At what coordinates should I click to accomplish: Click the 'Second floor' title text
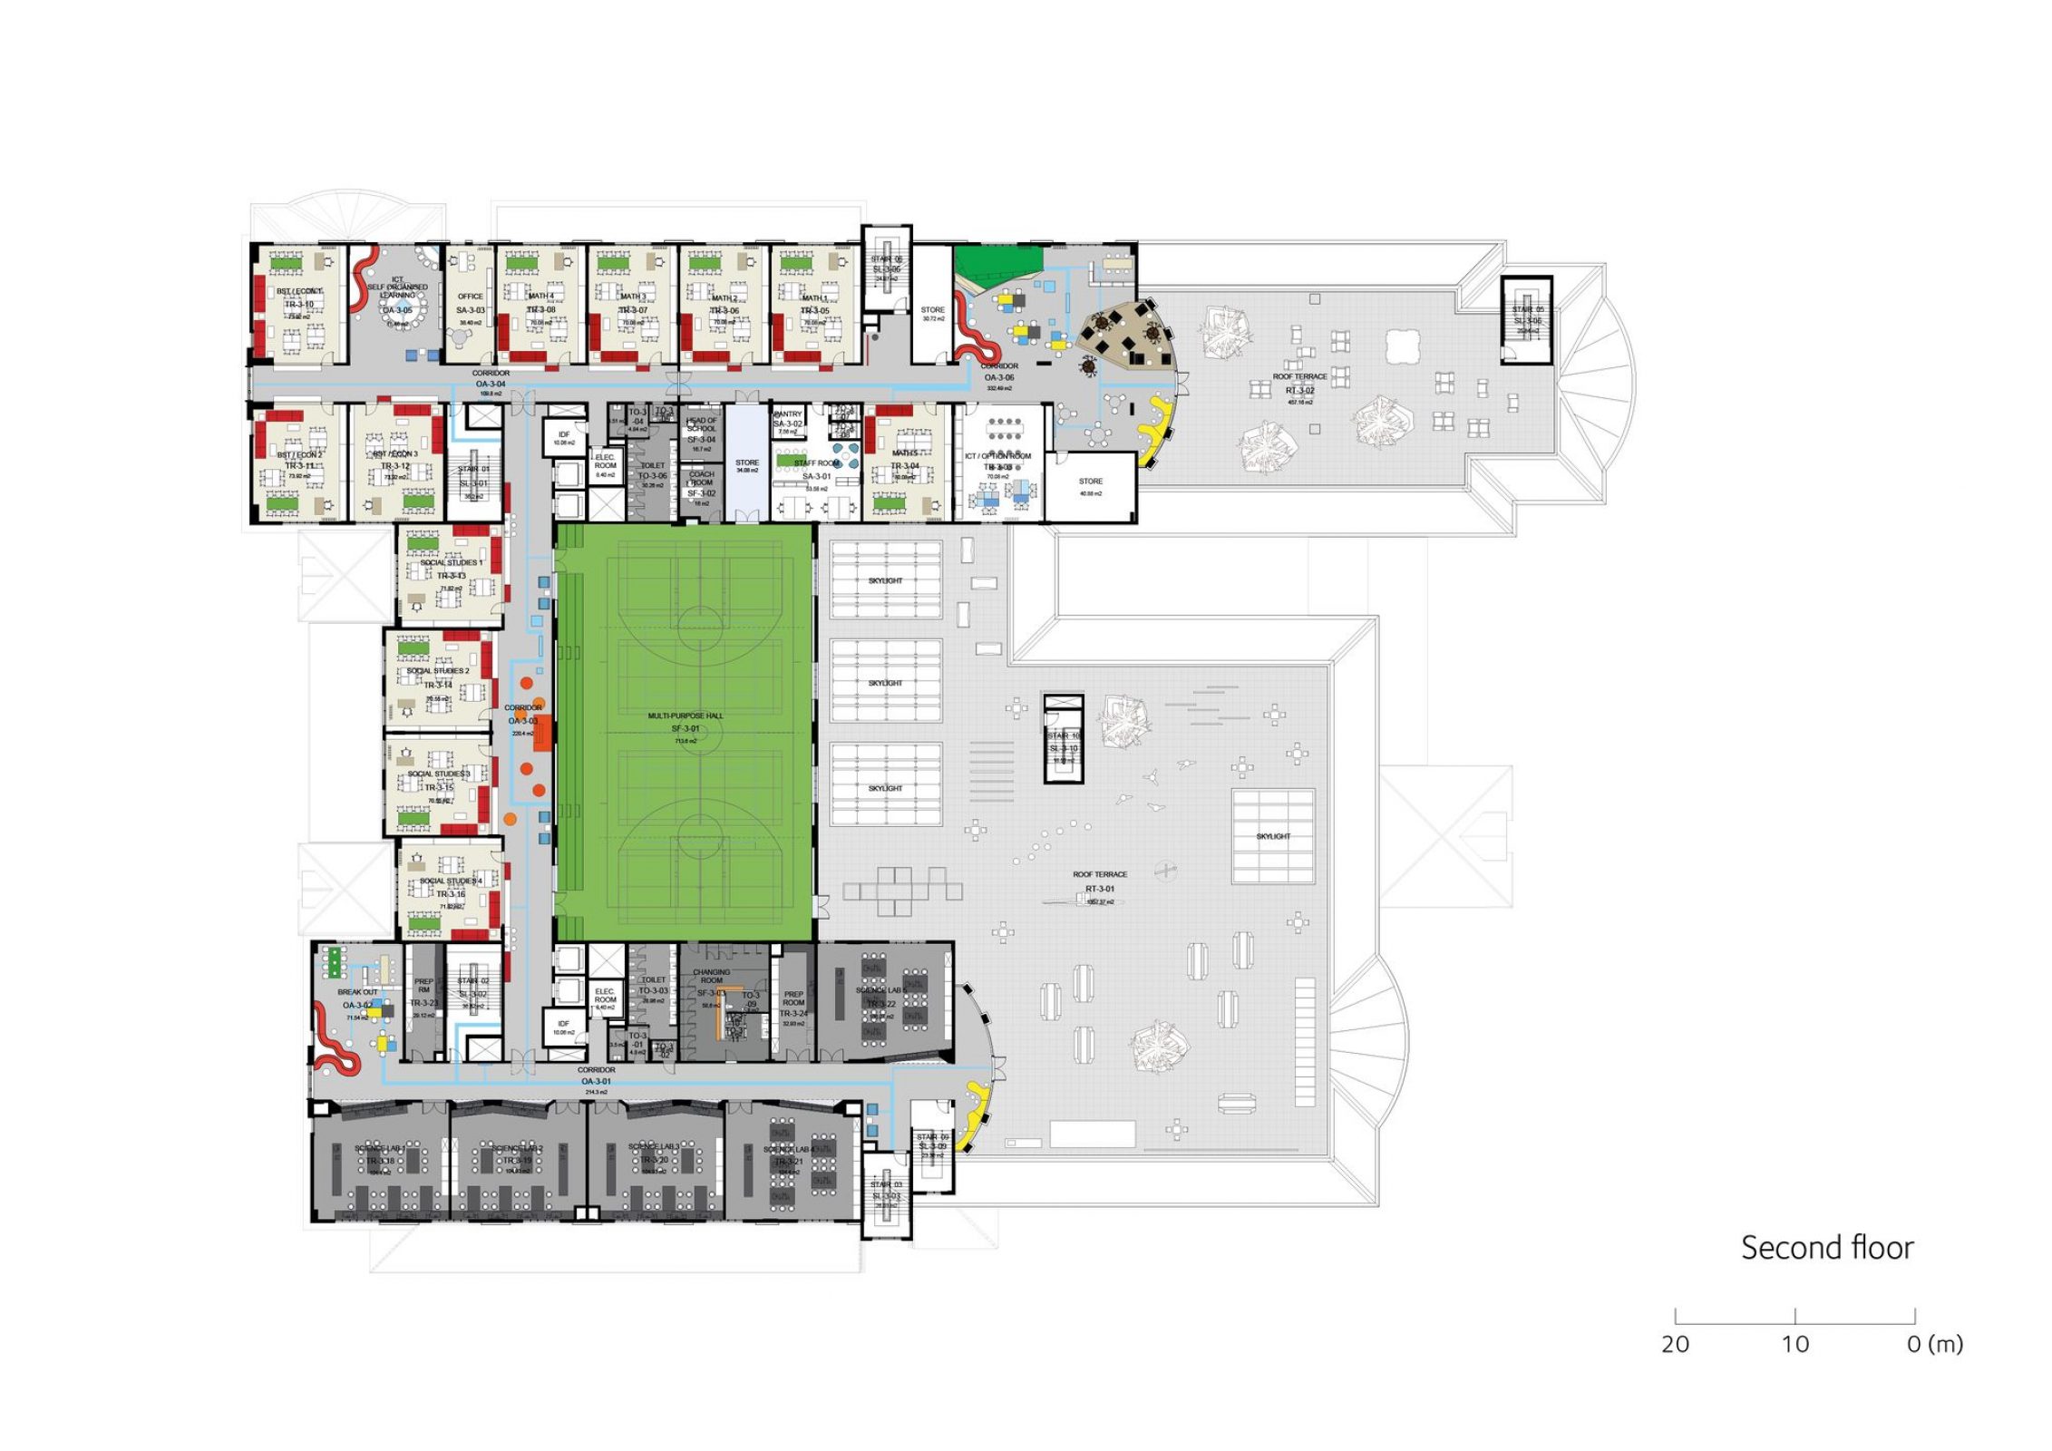tap(1826, 1248)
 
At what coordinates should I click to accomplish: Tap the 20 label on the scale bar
tap(1675, 1344)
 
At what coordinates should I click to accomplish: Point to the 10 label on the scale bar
tap(1795, 1344)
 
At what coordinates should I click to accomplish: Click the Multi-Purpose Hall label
tap(686, 722)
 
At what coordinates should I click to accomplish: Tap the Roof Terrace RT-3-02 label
tap(1299, 384)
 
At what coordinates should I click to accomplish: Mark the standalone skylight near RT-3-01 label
tap(1272, 836)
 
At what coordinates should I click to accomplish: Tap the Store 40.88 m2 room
tap(1091, 487)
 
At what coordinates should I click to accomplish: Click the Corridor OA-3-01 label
tap(596, 1076)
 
